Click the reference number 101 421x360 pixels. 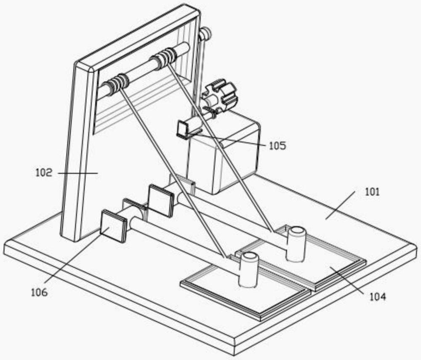pyautogui.click(x=372, y=192)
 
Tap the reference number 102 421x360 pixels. pyautogui.click(x=44, y=173)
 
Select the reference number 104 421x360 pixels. pyautogui.click(x=377, y=297)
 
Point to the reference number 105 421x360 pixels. pyautogui.click(x=277, y=146)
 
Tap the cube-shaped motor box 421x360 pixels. pyautogui.click(x=223, y=156)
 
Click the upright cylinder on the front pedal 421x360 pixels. pyautogui.click(x=248, y=269)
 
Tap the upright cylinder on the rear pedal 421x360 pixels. pyautogui.click(x=296, y=243)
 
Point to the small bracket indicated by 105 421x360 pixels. pyautogui.click(x=184, y=129)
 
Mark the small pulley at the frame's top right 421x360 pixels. pyautogui.click(x=205, y=34)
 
